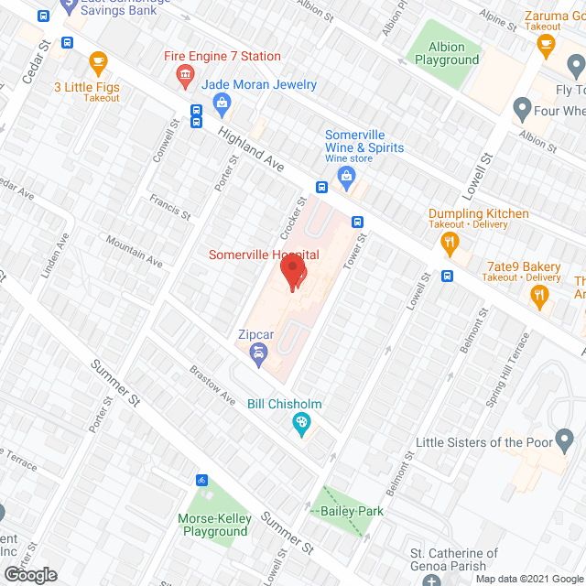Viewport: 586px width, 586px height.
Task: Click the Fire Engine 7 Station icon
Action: coord(186,74)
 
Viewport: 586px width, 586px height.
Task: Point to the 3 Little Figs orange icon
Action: coord(98,62)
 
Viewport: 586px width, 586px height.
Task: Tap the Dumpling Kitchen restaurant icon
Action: coord(450,242)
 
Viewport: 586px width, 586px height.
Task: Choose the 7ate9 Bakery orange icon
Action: coord(538,294)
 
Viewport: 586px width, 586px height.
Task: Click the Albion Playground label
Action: coord(447,53)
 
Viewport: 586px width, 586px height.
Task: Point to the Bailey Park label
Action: coord(353,511)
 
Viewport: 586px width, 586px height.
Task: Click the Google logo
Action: coord(29,575)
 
